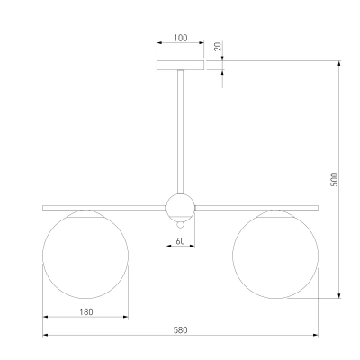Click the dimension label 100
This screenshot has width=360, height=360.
point(181,38)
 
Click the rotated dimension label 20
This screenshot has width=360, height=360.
point(219,47)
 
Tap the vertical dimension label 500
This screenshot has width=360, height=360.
point(334,179)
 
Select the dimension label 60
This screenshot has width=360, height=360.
point(181,241)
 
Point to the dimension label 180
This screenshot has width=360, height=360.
point(86,312)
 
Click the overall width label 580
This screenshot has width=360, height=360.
point(181,330)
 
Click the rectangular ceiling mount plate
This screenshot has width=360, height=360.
point(181,65)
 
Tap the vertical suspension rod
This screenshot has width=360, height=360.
point(181,132)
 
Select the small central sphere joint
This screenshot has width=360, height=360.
point(181,208)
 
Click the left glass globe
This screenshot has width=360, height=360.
point(85,255)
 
